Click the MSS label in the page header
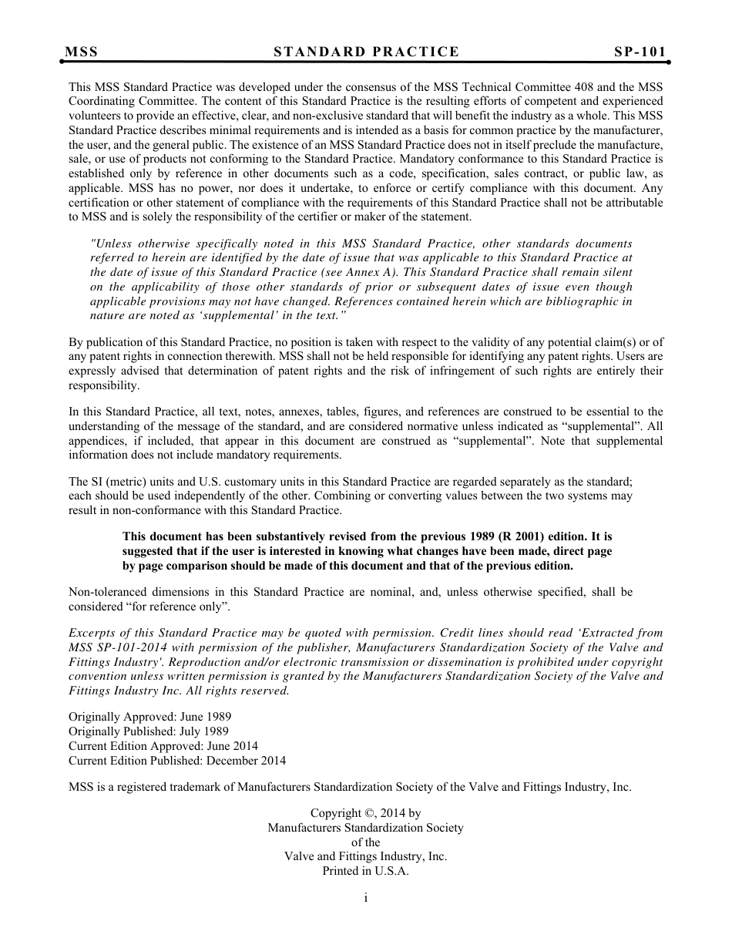82,52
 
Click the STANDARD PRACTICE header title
366,52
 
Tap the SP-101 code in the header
640,52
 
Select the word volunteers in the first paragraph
95,116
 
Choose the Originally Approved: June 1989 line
149,717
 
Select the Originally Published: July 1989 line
149,731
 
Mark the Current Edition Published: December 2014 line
177,761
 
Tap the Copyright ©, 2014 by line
365,812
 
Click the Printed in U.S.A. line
365,871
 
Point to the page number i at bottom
366,898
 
